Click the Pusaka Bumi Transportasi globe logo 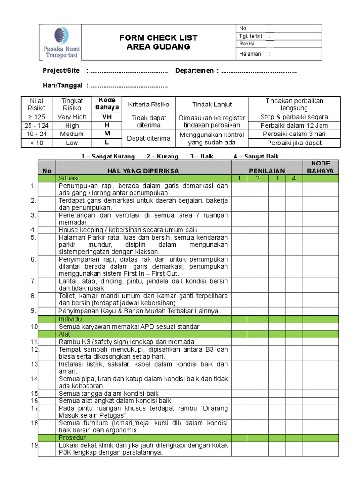click(61, 36)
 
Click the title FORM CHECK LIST click(158, 37)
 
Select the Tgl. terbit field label click(251, 36)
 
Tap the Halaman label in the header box click(250, 54)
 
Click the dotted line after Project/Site click(129, 71)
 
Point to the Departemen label click(195, 71)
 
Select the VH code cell click(107, 117)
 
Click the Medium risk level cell click(72, 134)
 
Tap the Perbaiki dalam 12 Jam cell click(294, 126)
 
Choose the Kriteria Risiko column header click(149, 105)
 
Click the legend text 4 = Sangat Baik click(256, 156)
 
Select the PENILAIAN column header click(267, 171)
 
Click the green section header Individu click(70, 319)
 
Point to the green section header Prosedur click(72, 437)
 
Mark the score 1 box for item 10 click(239, 326)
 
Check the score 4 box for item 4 click(293, 230)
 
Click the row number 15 click(34, 393)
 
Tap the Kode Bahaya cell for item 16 click(320, 401)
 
